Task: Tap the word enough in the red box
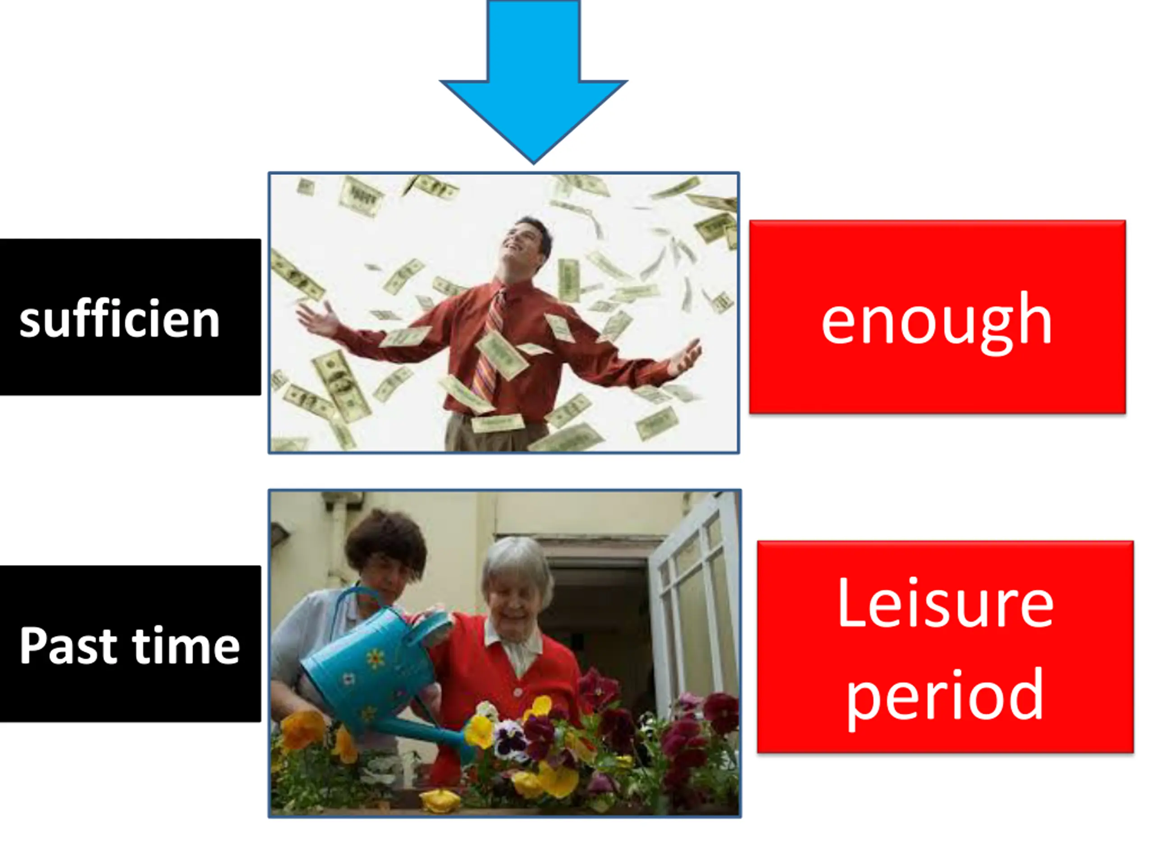(x=936, y=321)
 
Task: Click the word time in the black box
(x=186, y=645)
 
